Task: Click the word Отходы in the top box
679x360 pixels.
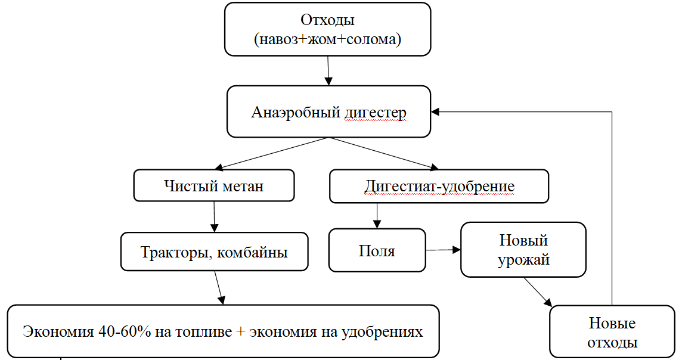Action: point(327,20)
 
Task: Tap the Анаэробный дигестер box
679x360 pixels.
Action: point(328,112)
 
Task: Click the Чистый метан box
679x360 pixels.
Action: point(213,186)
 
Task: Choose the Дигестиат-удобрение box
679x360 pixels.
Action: point(439,186)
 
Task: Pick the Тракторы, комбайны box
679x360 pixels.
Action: point(214,252)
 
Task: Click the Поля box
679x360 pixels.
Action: point(377,250)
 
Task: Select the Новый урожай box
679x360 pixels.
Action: point(523,250)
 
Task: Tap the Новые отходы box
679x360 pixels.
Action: point(612,333)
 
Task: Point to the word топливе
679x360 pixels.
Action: point(202,331)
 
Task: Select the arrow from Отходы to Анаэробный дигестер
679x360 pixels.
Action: point(327,70)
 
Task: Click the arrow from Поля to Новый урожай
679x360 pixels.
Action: point(443,250)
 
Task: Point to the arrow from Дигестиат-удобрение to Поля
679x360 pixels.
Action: point(376,215)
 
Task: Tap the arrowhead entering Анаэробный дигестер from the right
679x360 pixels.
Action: point(437,111)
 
